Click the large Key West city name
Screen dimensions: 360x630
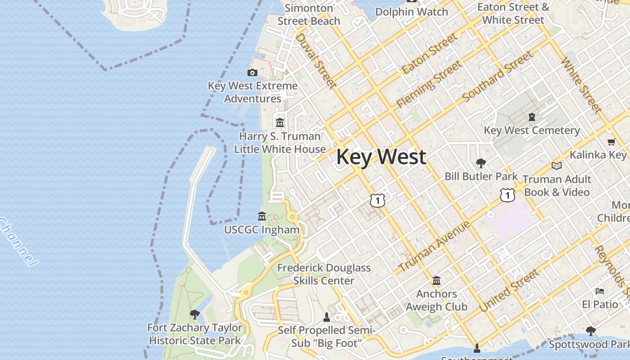[381, 157]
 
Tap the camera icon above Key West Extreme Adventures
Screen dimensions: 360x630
[252, 72]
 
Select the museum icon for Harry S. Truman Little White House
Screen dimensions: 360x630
[280, 122]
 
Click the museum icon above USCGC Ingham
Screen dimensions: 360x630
[261, 216]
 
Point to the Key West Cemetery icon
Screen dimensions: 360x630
[532, 117]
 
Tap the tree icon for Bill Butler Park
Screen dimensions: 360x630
[481, 163]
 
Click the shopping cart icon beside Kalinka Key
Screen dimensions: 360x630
[611, 142]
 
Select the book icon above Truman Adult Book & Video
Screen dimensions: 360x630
[557, 166]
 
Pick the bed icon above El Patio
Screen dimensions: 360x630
[600, 291]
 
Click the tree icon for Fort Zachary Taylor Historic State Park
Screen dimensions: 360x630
[195, 314]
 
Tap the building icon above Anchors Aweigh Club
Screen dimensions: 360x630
[436, 281]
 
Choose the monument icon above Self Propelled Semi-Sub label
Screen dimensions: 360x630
[327, 317]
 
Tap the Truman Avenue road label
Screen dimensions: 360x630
[435, 246]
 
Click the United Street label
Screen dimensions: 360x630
[509, 291]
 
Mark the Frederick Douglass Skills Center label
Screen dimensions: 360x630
[324, 274]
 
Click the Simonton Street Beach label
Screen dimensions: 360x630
[309, 14]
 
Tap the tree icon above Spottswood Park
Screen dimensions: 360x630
[591, 331]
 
